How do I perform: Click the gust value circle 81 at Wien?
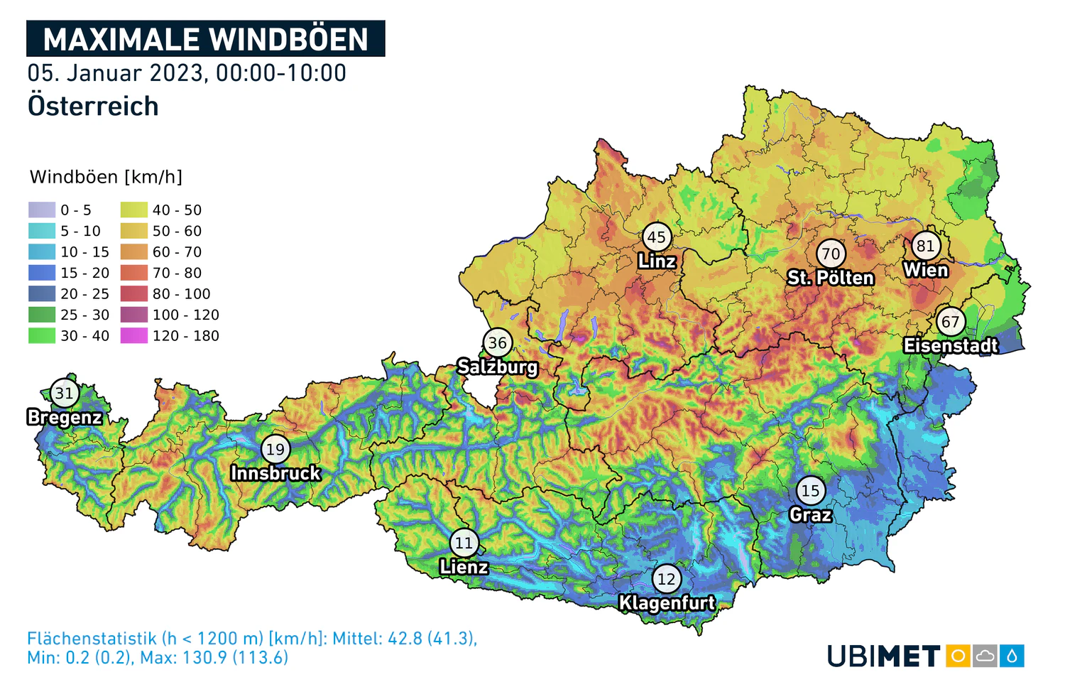coord(925,246)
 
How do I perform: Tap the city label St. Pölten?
coord(830,278)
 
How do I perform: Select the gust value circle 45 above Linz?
coord(657,237)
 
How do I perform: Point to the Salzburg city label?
coord(497,367)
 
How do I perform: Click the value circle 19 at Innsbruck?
coord(275,449)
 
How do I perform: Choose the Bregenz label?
coord(65,417)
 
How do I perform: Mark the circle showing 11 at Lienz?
coord(464,543)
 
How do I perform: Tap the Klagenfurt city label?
coord(667,603)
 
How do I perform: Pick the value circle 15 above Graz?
coord(810,490)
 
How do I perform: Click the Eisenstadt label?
coord(950,346)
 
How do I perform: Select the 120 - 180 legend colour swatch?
coord(133,335)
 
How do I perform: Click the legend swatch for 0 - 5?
coord(42,210)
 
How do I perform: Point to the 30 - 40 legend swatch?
coord(42,335)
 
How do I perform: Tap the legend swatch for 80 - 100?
coord(133,293)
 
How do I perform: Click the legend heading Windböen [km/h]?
coord(106,177)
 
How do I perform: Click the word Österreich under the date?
coord(93,107)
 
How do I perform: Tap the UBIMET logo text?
coord(883,656)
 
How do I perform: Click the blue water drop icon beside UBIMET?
coord(1012,656)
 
